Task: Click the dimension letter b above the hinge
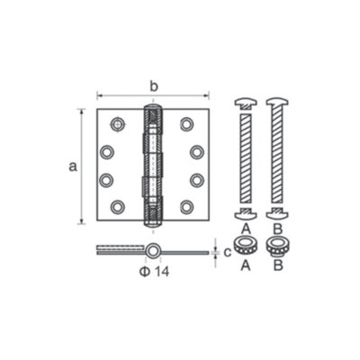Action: [x=153, y=86]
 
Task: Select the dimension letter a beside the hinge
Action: [x=72, y=166]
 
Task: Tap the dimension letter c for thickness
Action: [x=228, y=251]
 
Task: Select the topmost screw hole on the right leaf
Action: [x=186, y=123]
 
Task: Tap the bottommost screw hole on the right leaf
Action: [x=186, y=207]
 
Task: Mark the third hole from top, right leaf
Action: [x=196, y=180]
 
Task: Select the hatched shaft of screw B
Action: [x=276, y=157]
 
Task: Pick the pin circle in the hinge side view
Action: [x=155, y=249]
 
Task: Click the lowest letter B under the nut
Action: [x=277, y=265]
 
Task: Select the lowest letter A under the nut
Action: [x=245, y=265]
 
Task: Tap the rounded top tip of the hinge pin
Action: [x=152, y=109]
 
